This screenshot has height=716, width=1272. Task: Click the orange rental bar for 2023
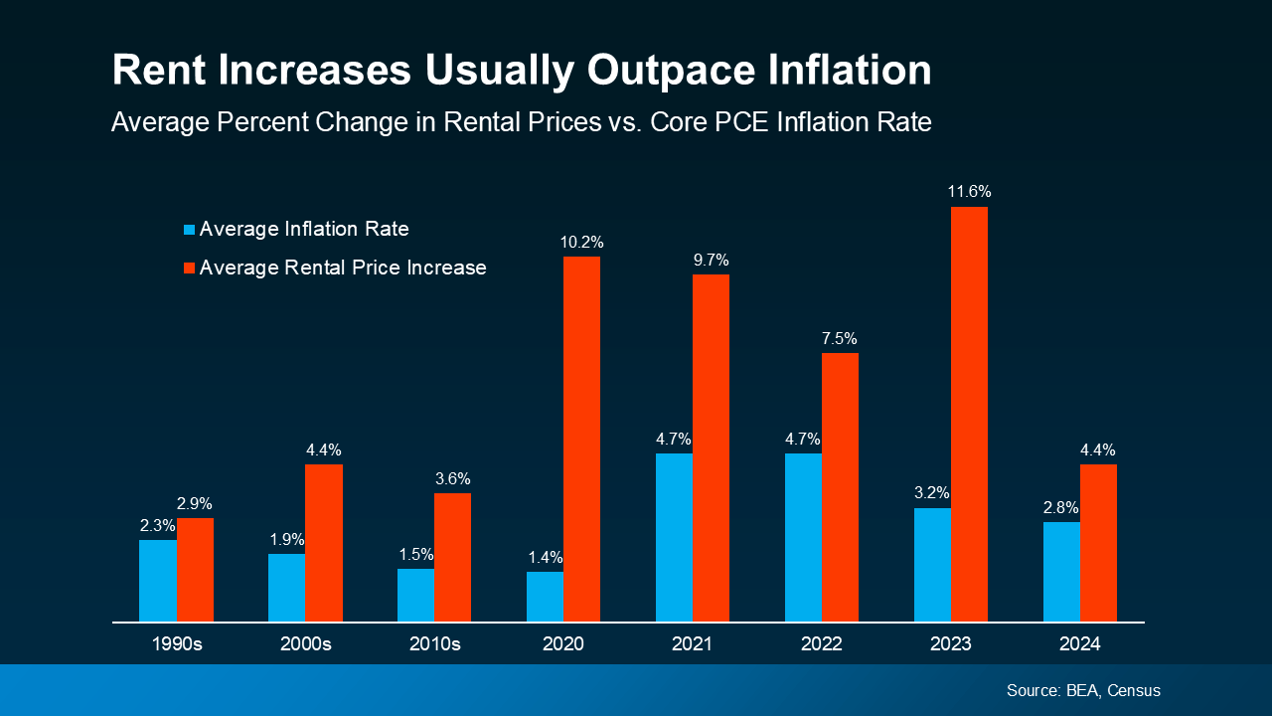click(969, 414)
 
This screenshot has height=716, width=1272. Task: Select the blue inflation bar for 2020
click(545, 597)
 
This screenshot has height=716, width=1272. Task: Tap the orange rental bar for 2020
click(581, 439)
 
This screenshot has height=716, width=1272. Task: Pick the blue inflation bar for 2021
click(674, 537)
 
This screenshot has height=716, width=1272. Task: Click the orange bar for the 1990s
click(195, 570)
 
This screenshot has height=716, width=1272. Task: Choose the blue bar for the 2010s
click(415, 595)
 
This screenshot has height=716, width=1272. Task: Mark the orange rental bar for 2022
click(840, 487)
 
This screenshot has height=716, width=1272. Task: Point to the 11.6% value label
click(969, 192)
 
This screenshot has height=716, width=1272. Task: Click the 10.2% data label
click(581, 242)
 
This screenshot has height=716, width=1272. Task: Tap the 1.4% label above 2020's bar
click(545, 557)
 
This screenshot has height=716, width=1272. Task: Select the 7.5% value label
click(840, 338)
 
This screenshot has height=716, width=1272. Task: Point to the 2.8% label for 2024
click(1061, 507)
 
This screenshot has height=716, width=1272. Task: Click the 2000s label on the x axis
click(305, 644)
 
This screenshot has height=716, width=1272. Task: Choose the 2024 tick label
click(1079, 644)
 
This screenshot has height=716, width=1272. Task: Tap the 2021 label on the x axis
click(692, 644)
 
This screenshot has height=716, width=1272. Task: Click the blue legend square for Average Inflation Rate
click(189, 230)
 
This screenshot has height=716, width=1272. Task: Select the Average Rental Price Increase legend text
click(343, 268)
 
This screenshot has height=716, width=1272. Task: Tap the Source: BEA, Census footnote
click(1083, 690)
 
